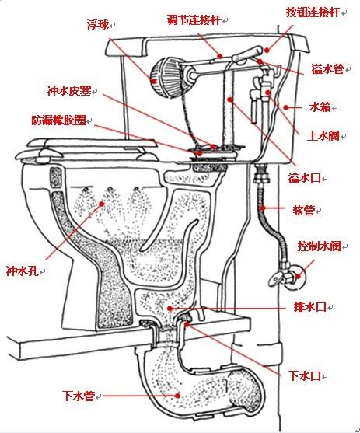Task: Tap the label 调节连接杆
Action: point(193,17)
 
